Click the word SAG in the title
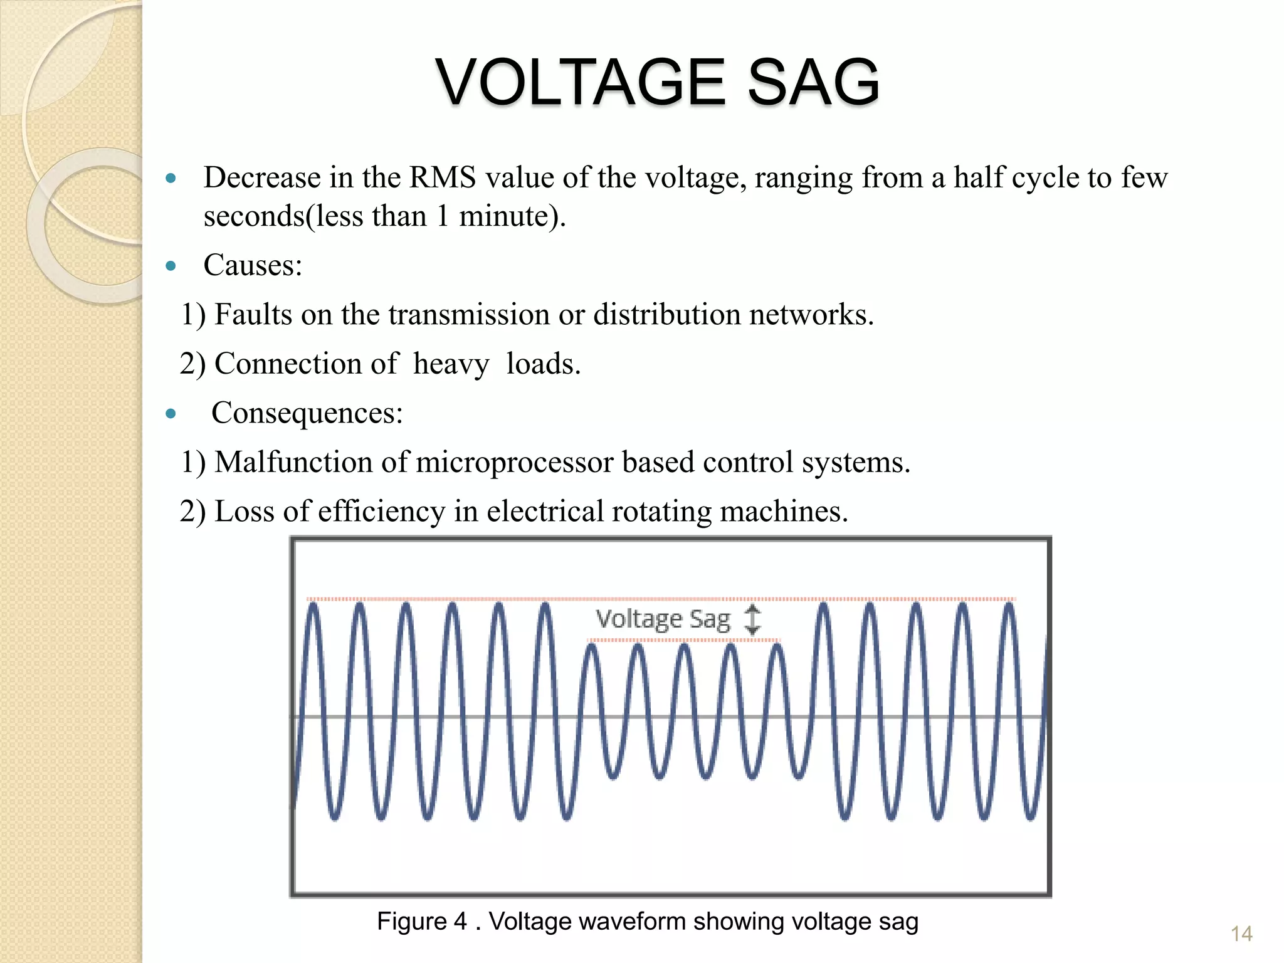coord(813,82)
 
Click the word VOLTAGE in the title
coord(579,82)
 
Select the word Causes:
coord(253,265)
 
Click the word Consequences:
coord(307,413)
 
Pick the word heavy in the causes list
coord(451,364)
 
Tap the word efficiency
coord(381,512)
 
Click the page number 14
coord(1241,934)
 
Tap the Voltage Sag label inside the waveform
coord(663,619)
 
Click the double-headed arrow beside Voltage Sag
coord(752,619)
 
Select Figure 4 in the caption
coord(421,922)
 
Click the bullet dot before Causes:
coord(171,266)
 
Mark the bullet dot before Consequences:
coord(171,414)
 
